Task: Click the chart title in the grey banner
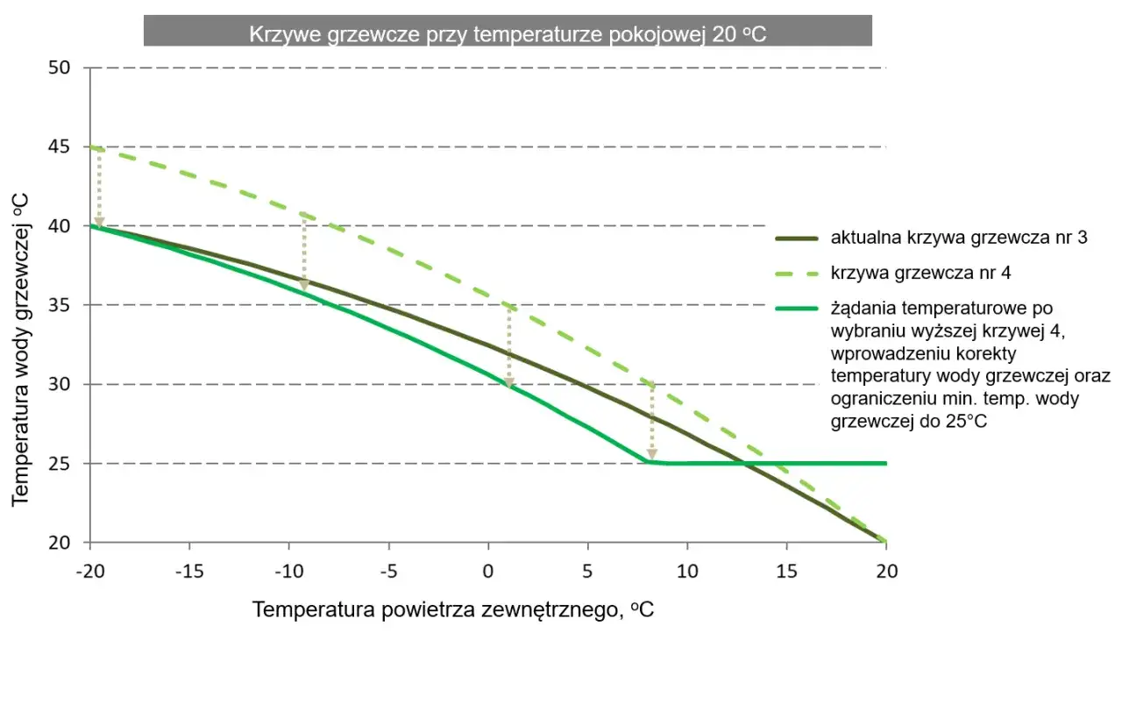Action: coord(508,33)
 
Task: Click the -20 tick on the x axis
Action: coord(90,571)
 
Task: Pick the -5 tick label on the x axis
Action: coord(388,571)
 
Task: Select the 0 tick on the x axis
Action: coord(488,571)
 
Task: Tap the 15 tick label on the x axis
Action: coord(786,571)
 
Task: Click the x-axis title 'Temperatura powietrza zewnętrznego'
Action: coord(453,610)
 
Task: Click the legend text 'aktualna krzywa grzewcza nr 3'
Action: coord(959,238)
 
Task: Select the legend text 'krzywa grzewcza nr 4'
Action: coord(920,273)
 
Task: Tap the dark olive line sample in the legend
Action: coord(797,238)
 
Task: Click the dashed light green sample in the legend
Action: coord(797,273)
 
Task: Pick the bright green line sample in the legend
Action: coord(797,308)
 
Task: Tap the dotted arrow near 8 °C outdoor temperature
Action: coord(651,423)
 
